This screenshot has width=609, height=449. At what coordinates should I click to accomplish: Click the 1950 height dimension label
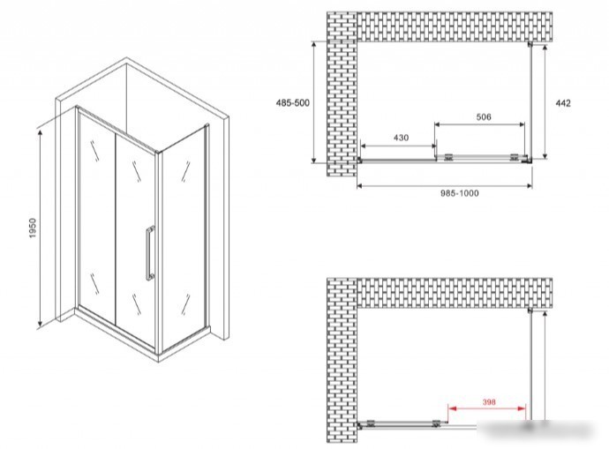pyautogui.click(x=33, y=228)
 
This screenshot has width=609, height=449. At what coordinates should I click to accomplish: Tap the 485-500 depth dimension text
pyautogui.click(x=292, y=103)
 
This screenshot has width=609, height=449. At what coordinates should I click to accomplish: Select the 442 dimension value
pyautogui.click(x=563, y=103)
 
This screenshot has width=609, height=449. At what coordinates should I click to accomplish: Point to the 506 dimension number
pyautogui.click(x=484, y=116)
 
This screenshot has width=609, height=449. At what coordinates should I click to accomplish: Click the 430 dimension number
pyautogui.click(x=401, y=138)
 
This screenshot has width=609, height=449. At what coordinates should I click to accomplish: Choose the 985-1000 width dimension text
pyautogui.click(x=460, y=193)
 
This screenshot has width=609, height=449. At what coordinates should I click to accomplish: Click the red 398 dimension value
pyautogui.click(x=489, y=402)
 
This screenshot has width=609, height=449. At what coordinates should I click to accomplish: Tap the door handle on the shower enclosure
pyautogui.click(x=150, y=252)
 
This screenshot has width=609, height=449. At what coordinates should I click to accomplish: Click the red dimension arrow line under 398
pyautogui.click(x=487, y=408)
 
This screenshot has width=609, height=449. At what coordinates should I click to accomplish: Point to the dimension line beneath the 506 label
pyautogui.click(x=479, y=124)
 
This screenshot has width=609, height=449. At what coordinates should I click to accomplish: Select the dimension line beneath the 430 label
pyautogui.click(x=398, y=146)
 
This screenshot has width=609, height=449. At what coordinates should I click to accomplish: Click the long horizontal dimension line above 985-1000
pyautogui.click(x=444, y=186)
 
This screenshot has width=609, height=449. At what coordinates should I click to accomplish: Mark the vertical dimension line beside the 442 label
pyautogui.click(x=545, y=101)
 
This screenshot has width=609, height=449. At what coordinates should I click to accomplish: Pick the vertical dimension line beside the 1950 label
pyautogui.click(x=40, y=228)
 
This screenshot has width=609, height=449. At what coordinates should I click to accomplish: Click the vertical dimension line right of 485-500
pyautogui.click(x=314, y=101)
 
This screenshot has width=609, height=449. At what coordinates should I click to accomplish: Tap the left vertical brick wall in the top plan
pyautogui.click(x=342, y=94)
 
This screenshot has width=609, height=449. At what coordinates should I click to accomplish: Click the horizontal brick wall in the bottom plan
pyautogui.click(x=455, y=293)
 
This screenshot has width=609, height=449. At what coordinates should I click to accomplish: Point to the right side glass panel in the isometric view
pyautogui.click(x=183, y=236)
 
